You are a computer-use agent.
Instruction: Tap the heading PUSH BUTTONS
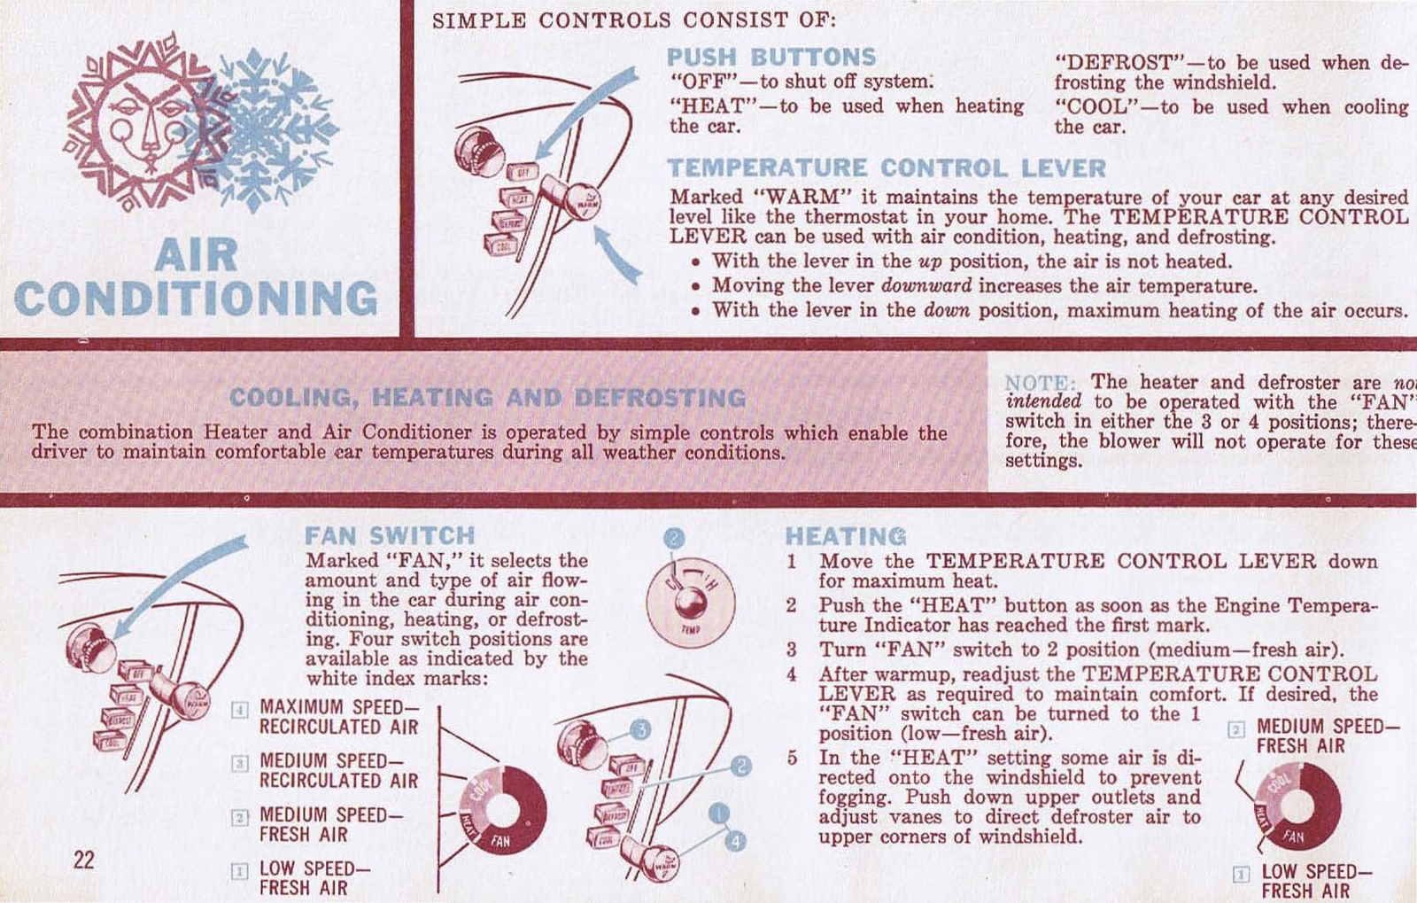pos(770,57)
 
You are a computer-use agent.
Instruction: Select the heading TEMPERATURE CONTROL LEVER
pos(887,168)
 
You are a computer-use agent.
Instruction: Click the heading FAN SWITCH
pos(390,535)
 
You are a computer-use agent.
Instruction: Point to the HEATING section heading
pos(846,536)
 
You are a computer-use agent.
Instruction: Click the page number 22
pos(83,860)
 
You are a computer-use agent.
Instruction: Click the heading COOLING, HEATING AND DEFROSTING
pos(487,397)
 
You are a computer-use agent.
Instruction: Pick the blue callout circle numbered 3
pos(640,729)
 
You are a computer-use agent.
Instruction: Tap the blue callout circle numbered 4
pos(735,840)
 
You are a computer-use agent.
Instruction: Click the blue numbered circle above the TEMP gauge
pos(674,538)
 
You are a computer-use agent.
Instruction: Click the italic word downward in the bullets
pos(926,286)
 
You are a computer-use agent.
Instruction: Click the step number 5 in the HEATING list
pos(793,759)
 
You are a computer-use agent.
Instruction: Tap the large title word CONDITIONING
pos(196,299)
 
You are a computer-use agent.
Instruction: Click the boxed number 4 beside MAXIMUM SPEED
pos(239,709)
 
